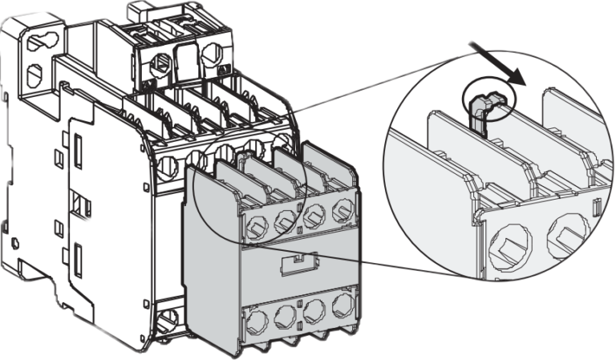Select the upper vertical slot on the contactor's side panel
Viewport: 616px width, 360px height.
pos(80,150)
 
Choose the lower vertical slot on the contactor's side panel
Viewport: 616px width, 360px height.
pos(79,258)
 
